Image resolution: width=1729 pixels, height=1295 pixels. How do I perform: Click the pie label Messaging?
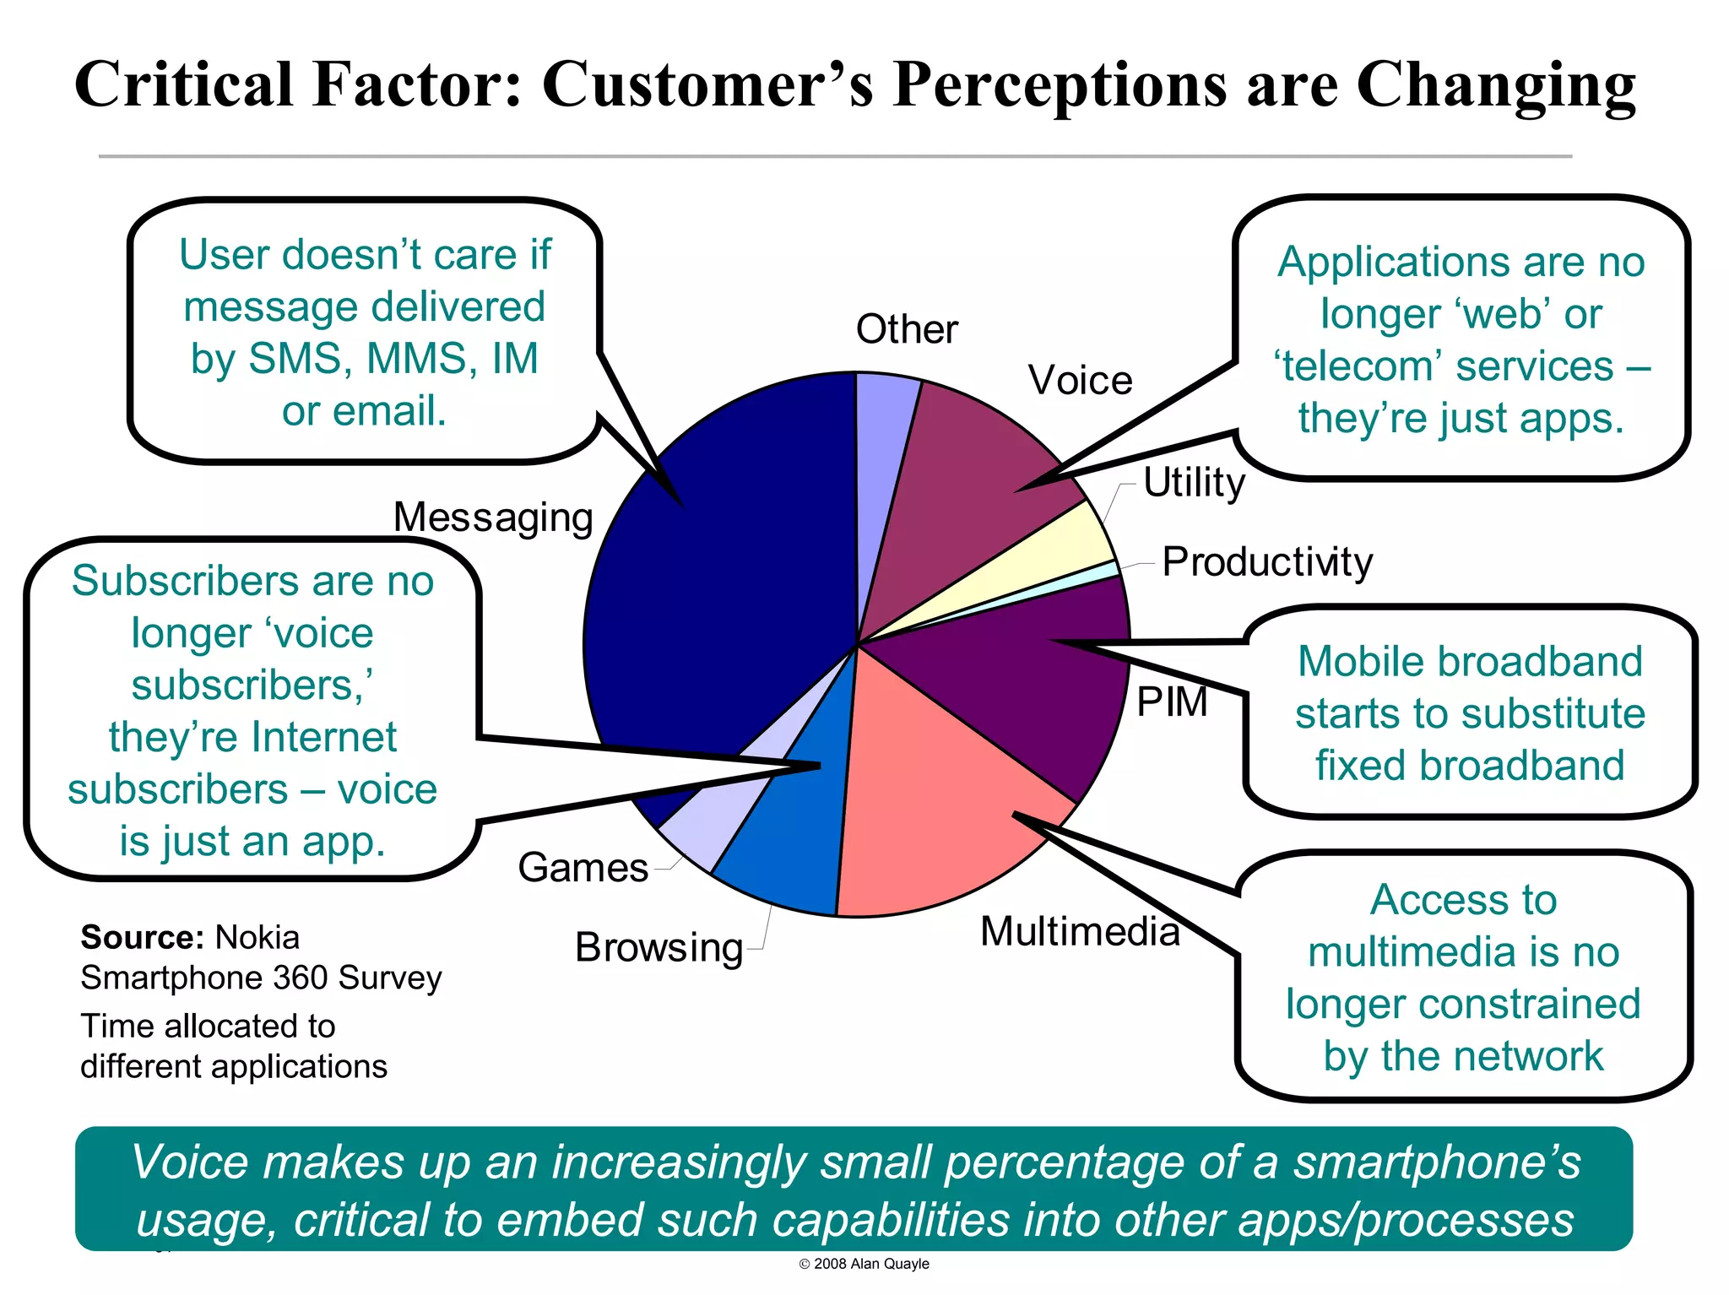(x=493, y=517)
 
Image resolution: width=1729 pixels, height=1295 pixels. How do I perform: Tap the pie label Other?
(x=907, y=329)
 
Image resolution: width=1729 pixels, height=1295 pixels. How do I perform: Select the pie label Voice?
(x=1080, y=381)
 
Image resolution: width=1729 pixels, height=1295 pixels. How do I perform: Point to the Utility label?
(x=1194, y=483)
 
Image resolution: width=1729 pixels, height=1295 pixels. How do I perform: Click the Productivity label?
(x=1267, y=562)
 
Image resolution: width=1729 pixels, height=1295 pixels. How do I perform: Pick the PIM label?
(x=1172, y=702)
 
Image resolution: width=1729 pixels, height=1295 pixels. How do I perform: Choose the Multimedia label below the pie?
(x=1080, y=932)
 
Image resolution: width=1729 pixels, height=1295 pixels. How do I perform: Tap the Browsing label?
(x=659, y=948)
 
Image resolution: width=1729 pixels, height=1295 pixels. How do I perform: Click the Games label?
(x=583, y=868)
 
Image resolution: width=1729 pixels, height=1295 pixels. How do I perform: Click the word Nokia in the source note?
(x=257, y=938)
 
